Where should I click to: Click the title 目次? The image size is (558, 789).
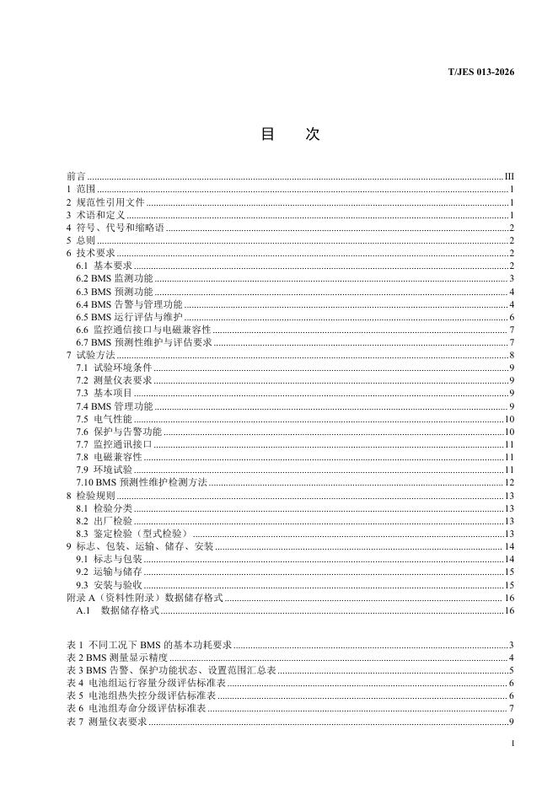(x=290, y=135)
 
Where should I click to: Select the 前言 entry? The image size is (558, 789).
(x=76, y=176)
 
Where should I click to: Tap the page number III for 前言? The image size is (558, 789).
(x=509, y=176)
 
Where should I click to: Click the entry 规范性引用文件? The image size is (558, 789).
(x=110, y=202)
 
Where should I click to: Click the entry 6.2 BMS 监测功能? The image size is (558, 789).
(x=114, y=278)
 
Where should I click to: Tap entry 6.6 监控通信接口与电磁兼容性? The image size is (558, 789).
(x=142, y=329)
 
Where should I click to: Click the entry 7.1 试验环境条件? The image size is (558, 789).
(x=114, y=368)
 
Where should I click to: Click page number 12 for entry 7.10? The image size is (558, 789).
(x=509, y=482)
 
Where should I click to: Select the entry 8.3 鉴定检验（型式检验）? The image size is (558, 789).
(x=132, y=533)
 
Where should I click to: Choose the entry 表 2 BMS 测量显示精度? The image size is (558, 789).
(x=117, y=657)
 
